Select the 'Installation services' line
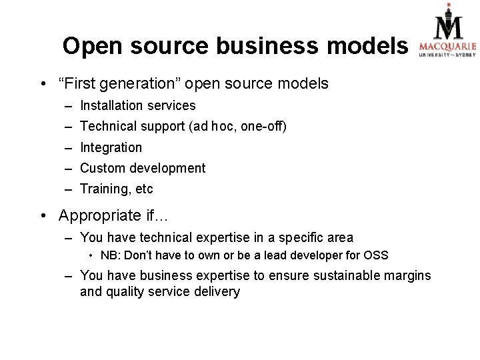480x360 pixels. point(137,105)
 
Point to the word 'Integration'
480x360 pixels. point(111,147)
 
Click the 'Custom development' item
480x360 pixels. point(143,168)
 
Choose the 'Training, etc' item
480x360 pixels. point(116,189)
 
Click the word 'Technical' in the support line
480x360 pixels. point(106,126)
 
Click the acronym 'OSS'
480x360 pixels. point(375,255)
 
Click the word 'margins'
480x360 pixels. point(408,275)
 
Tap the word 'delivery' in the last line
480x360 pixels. point(216,291)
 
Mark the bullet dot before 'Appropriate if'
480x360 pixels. point(43,216)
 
